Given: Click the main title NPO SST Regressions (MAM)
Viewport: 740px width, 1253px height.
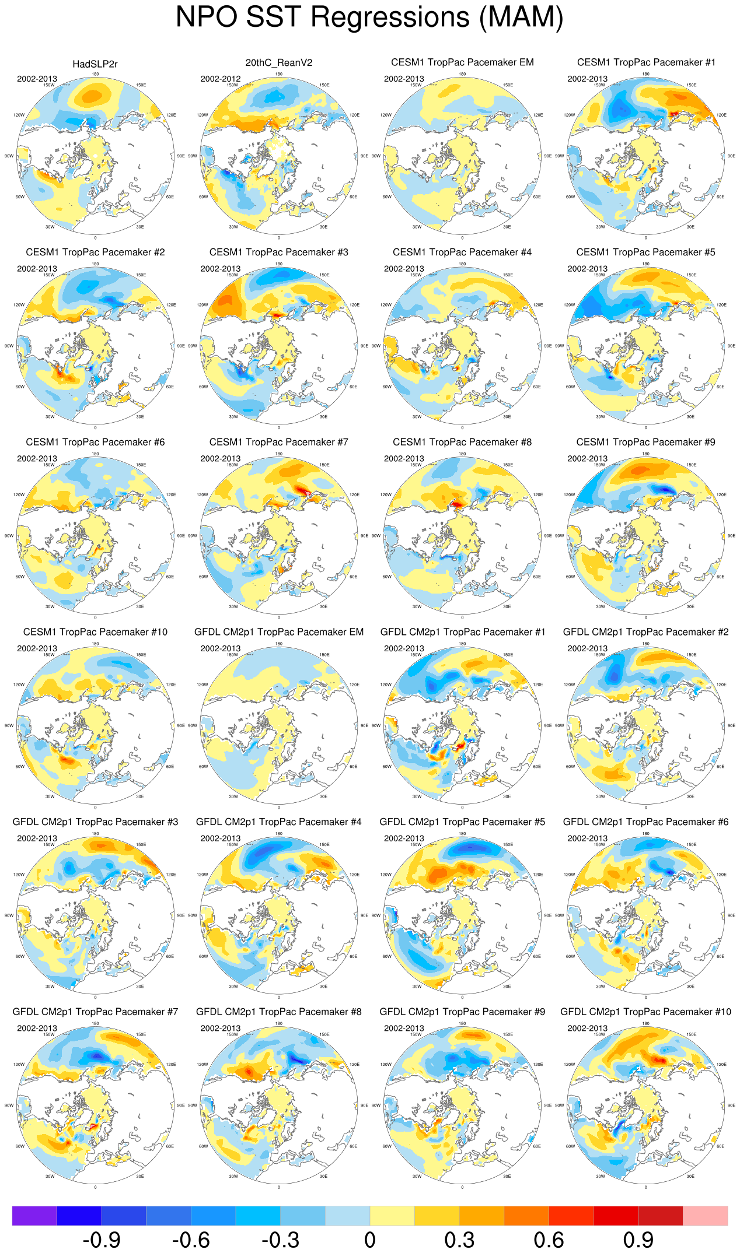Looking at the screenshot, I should pos(369,17).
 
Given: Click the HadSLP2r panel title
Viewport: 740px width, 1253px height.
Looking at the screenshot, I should pos(95,64).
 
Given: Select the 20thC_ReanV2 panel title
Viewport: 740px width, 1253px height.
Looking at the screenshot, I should pos(278,62).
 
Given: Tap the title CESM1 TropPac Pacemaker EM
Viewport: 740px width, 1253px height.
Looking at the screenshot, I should pos(462,62).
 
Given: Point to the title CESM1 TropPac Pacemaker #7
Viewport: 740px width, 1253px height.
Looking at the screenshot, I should pos(278,442).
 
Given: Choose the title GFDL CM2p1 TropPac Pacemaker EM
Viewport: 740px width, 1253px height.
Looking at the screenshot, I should pos(278,632).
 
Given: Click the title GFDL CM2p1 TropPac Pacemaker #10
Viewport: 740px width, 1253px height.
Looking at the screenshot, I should pos(645,1012).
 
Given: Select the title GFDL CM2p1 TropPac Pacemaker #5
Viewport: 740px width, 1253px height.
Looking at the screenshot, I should pos(462,822).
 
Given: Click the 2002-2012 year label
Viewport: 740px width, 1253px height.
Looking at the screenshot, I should pos(221,79).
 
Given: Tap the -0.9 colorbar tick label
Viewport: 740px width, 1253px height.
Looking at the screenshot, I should pos(102,1240).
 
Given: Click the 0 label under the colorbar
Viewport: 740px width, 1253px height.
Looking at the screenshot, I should pos(369,1240).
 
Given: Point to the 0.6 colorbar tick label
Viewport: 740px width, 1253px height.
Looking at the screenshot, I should pos(549,1240).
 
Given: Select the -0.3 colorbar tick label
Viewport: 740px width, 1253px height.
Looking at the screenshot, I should pos(281,1240).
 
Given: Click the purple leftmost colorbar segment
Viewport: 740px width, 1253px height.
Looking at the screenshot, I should pos(34,1216).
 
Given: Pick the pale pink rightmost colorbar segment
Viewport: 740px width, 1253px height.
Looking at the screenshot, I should pos(705,1216).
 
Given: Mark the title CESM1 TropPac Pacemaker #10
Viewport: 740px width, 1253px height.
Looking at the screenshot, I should pos(95,632).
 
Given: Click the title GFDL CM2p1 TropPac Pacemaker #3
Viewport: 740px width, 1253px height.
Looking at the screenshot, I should pos(95,822).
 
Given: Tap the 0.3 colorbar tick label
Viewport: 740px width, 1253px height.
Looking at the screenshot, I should pos(459,1240).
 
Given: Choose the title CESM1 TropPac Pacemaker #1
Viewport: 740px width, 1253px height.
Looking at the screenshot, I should pos(645,62).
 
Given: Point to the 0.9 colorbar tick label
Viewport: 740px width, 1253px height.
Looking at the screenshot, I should pos(638,1240).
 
